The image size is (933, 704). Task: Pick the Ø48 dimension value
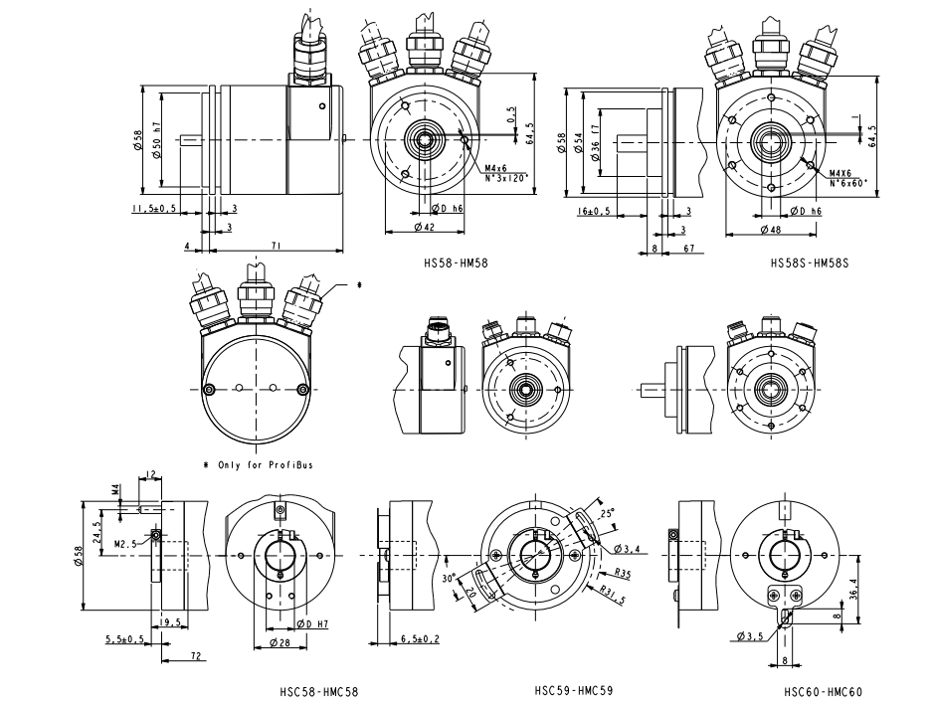pyautogui.click(x=769, y=230)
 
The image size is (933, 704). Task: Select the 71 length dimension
pyautogui.click(x=274, y=245)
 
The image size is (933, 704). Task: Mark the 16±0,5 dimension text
pyautogui.click(x=593, y=211)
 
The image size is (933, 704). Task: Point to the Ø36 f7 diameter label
pyautogui.click(x=595, y=144)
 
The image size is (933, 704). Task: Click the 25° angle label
pyautogui.click(x=607, y=513)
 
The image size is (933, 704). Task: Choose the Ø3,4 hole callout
pyautogui.click(x=627, y=549)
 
